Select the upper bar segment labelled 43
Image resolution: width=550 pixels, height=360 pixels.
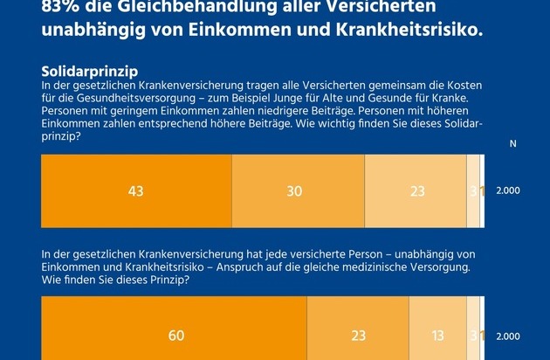point(136,190)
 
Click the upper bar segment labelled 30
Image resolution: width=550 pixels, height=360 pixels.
point(298,190)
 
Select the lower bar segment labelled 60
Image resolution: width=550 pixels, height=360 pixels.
point(175,336)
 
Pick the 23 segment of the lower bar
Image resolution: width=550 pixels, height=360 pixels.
point(358,336)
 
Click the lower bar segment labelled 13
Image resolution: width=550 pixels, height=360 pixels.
point(437,336)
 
